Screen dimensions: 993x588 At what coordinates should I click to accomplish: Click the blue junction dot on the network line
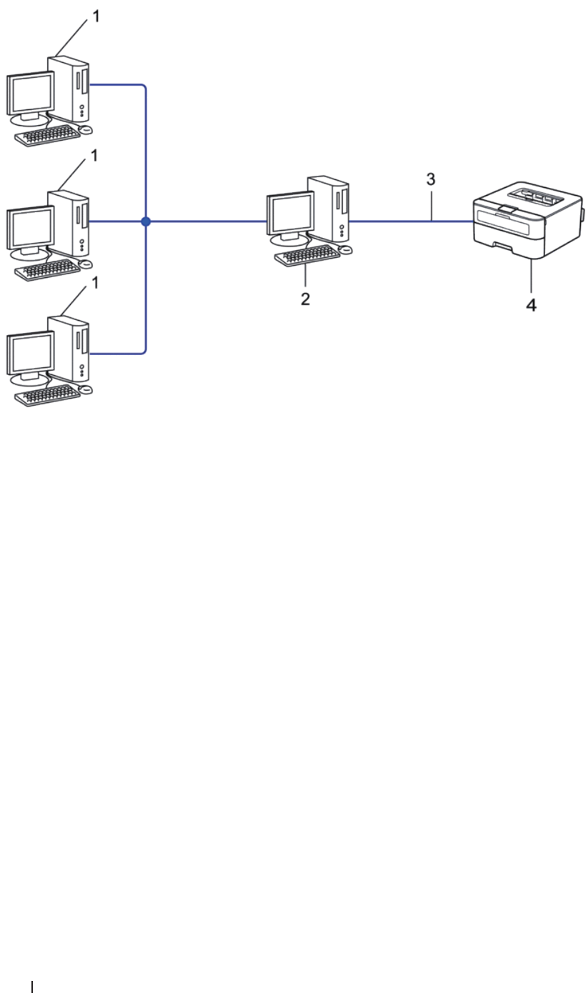tap(146, 222)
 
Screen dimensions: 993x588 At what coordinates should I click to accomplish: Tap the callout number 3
tap(430, 179)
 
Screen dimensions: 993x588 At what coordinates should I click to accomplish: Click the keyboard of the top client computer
tap(48, 136)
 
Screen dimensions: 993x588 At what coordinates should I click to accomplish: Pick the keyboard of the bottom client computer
tap(48, 396)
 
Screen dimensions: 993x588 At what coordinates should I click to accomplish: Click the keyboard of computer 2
tap(308, 255)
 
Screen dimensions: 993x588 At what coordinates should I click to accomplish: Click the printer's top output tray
tap(532, 194)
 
